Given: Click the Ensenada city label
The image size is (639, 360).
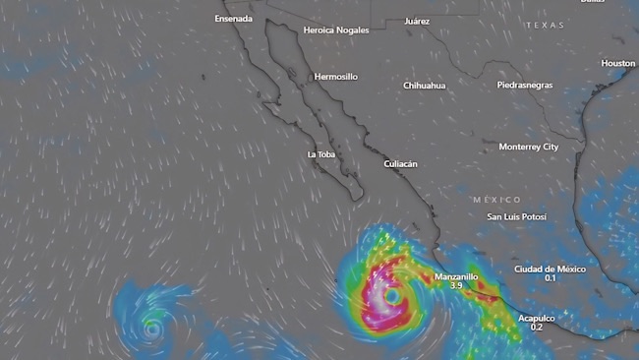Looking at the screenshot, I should [234, 19].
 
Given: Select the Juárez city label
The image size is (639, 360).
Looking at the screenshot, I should [417, 21].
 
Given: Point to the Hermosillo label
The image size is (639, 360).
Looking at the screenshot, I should [336, 77].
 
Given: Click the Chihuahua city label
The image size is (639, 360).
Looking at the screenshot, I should [424, 86].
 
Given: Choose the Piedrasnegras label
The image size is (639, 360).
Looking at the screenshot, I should [524, 85].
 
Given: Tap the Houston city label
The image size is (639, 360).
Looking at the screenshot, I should [618, 64].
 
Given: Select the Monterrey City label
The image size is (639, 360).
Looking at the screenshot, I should [528, 147].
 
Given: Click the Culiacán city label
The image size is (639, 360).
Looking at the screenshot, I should [400, 164].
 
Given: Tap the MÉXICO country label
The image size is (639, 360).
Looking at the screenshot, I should [496, 200].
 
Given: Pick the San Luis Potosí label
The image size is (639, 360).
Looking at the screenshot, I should [516, 216].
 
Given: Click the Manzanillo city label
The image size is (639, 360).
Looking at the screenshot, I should [456, 276].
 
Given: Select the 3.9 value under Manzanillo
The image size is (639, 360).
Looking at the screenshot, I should [456, 286].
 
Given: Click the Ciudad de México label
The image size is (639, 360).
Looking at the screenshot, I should [550, 269].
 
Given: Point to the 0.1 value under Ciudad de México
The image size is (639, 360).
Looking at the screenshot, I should [550, 278].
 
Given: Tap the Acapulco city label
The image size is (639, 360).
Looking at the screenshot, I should [537, 318].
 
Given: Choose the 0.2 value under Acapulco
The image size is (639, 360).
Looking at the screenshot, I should [537, 328].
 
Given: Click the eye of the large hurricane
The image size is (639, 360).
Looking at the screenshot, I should [391, 295].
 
